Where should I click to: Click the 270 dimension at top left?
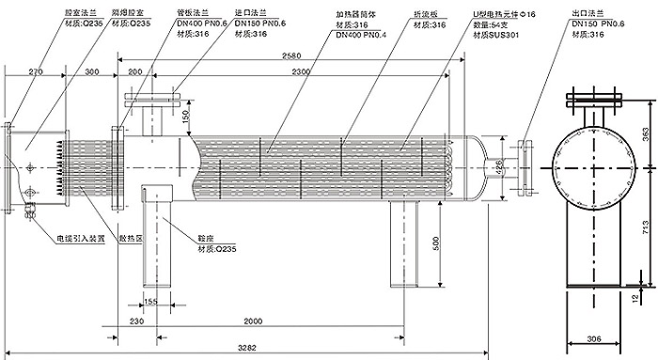[x=36, y=71]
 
